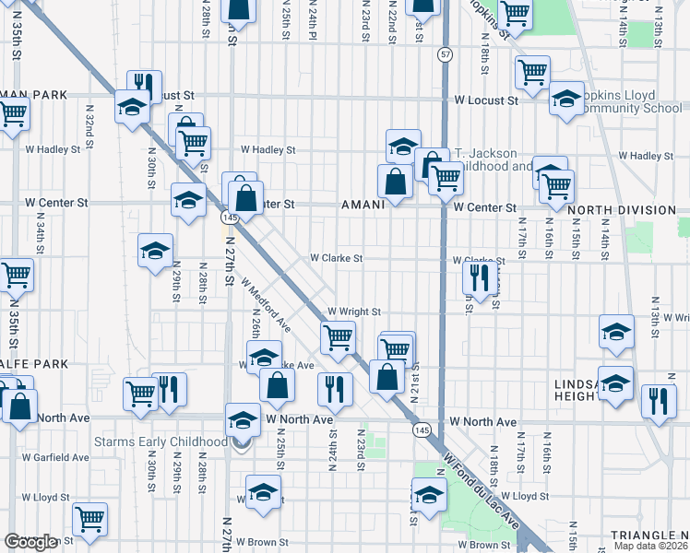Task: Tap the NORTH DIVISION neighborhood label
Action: pos(622,210)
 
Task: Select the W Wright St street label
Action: pos(353,312)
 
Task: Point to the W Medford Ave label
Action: pos(267,305)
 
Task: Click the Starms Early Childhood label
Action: pos(161,441)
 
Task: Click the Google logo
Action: pos(30,542)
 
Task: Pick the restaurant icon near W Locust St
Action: pos(142,82)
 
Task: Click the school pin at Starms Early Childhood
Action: pos(243,421)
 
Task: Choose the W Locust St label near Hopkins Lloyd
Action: pos(485,100)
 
